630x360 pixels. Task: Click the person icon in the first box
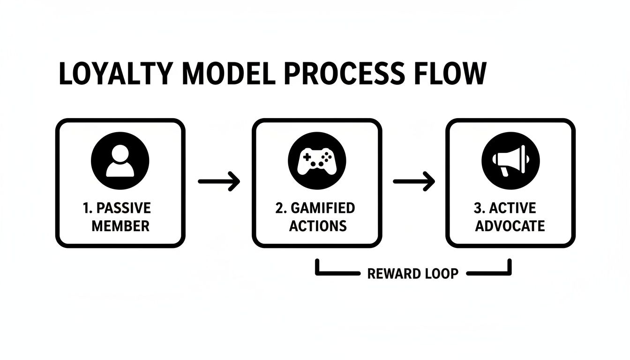point(120,160)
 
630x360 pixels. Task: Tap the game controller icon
point(317,160)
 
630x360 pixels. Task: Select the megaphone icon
point(510,160)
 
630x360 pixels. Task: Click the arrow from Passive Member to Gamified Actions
point(219,181)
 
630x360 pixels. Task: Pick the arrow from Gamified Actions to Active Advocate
point(413,181)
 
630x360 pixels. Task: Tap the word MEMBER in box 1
point(120,226)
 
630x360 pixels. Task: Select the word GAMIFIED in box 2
point(322,208)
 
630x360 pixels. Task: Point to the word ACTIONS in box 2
point(317,226)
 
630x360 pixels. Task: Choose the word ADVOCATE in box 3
point(510,226)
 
